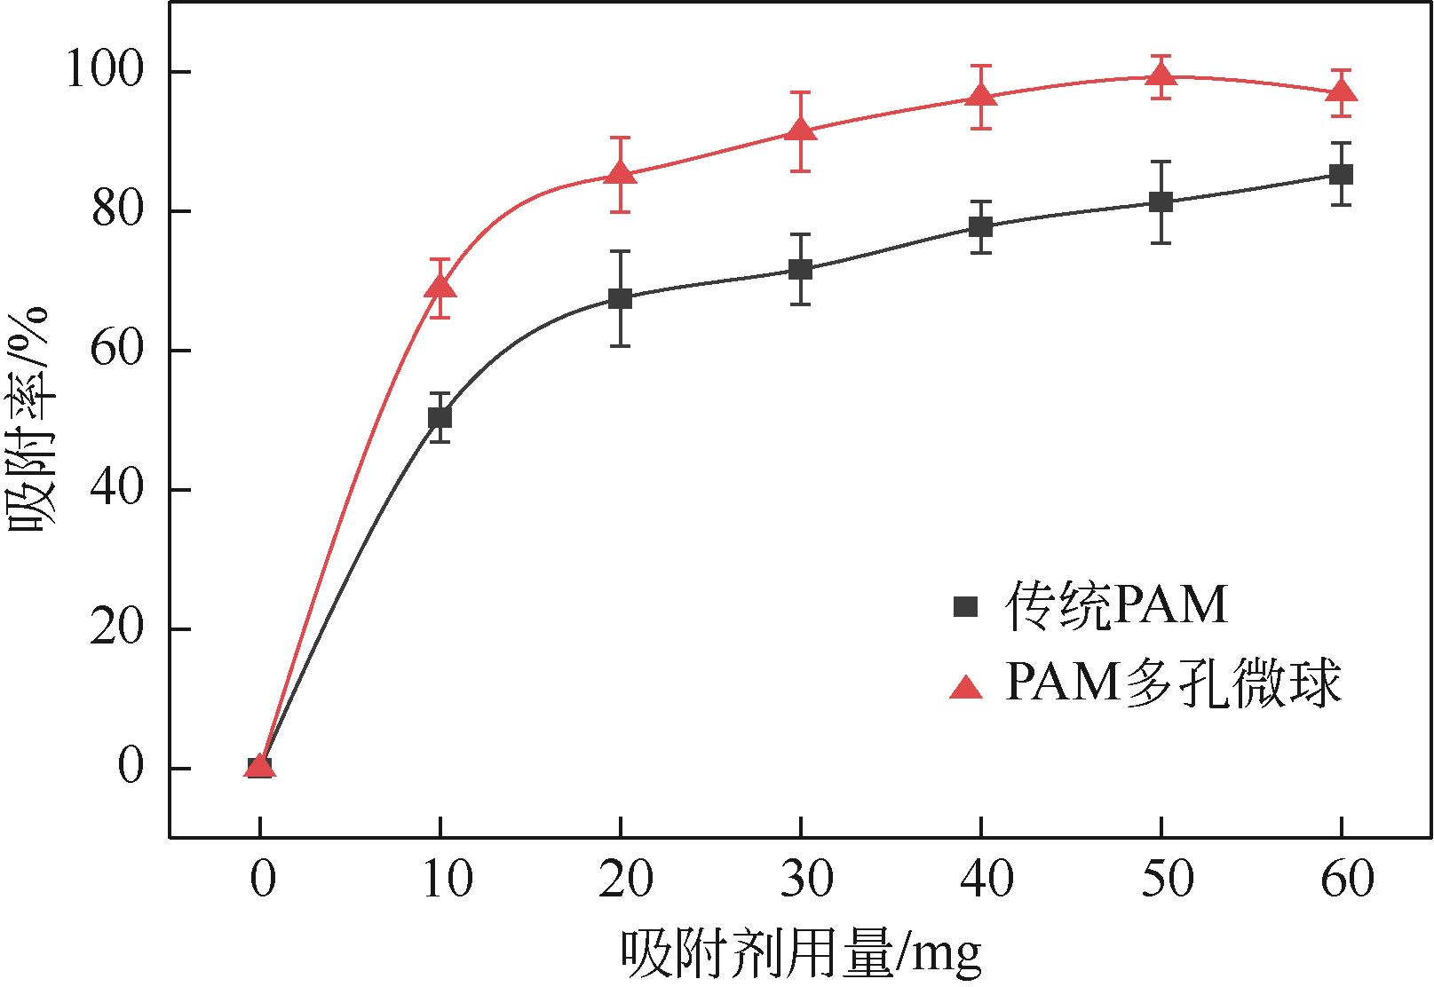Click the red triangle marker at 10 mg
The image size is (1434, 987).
point(440,287)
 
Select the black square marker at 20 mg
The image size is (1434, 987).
point(621,298)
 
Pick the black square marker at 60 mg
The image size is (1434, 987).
point(1341,174)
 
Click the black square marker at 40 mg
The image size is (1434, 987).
point(980,226)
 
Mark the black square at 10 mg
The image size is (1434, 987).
point(440,417)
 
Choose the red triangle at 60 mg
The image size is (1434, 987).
point(1341,92)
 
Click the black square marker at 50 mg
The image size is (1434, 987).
point(1161,202)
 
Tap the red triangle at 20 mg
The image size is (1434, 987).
point(621,173)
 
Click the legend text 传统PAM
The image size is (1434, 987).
point(1116,607)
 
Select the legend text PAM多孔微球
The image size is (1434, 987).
point(1172,685)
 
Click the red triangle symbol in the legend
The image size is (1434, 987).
point(965,686)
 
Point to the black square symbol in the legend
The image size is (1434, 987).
point(965,607)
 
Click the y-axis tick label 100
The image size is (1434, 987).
point(105,72)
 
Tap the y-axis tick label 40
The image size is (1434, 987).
point(117,490)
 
